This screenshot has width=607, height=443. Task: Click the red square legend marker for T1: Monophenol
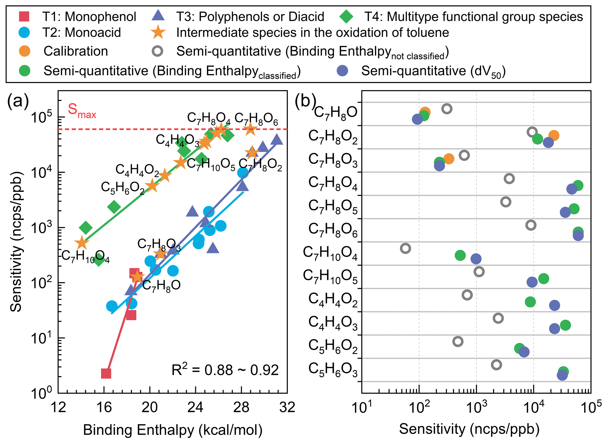coord(24,16)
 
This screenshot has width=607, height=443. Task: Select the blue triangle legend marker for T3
coord(158,16)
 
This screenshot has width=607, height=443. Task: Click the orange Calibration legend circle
coord(25,51)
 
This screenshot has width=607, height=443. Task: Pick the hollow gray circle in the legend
coord(158,51)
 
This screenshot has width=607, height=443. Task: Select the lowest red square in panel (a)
coord(106,374)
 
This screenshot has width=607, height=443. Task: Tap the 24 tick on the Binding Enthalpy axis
coord(195,408)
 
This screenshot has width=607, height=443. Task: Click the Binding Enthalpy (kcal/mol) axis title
coord(173,430)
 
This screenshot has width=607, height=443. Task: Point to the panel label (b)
coord(305,101)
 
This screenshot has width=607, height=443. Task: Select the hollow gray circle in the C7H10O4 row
coord(406,248)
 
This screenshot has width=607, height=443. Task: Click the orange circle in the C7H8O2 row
coord(554,136)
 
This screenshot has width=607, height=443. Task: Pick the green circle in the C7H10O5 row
coord(544,279)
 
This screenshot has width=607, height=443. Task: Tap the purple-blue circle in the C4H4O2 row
coord(554,305)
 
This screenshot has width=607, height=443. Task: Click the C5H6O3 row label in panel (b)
coord(333,369)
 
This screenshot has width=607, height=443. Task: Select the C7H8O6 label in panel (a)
coord(256,119)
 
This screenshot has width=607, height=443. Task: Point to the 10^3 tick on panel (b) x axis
coord(476,408)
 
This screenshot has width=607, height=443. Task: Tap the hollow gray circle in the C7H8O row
coord(447,109)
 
